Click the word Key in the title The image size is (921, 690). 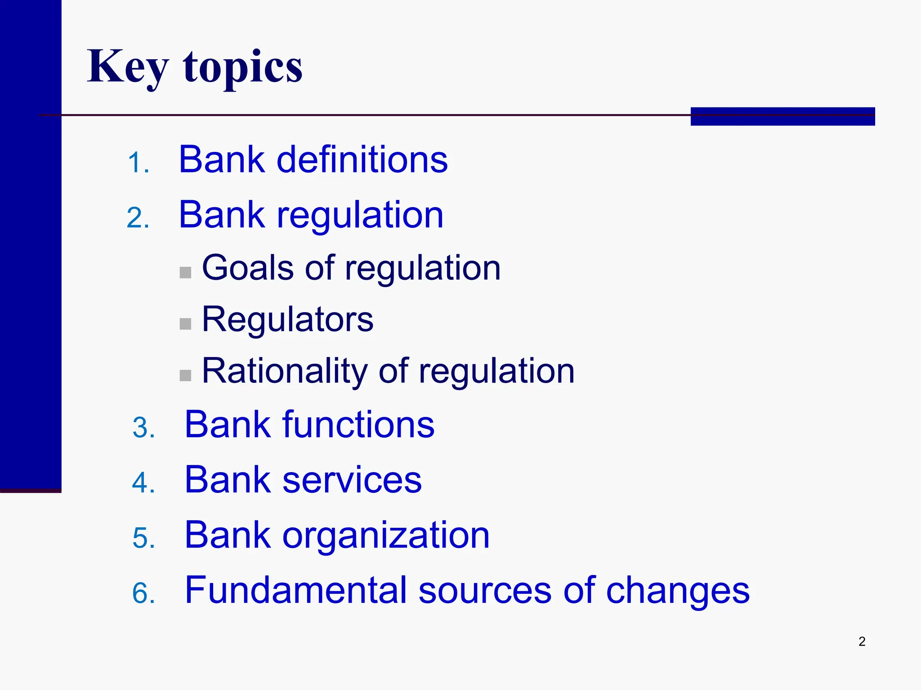click(x=128, y=67)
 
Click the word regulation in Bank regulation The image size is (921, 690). click(x=360, y=216)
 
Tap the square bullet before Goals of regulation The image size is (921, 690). click(x=185, y=272)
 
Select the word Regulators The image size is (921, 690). click(x=287, y=319)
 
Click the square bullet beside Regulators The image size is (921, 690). click(x=185, y=324)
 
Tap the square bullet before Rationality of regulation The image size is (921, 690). click(x=185, y=375)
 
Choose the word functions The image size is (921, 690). click(x=358, y=425)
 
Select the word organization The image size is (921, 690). click(x=385, y=535)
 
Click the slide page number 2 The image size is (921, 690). click(x=862, y=641)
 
